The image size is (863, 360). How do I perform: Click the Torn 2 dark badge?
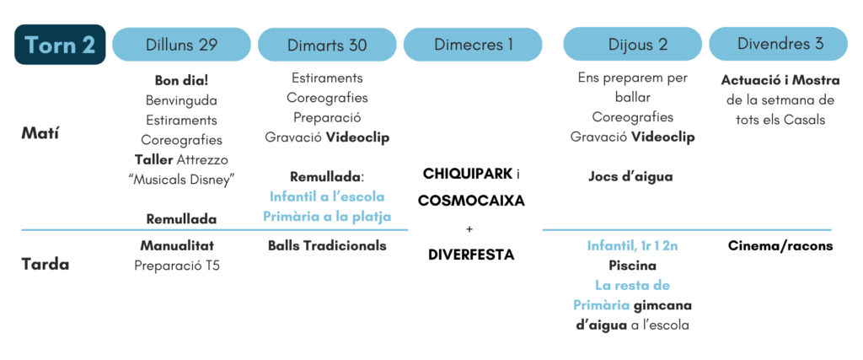tap(60, 45)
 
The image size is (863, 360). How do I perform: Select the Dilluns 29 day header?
tap(182, 45)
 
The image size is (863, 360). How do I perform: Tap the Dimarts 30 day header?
tap(327, 45)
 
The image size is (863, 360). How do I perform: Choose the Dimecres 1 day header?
tap(473, 45)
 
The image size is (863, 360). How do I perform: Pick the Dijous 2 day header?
tap(632, 45)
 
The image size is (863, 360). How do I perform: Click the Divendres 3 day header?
tap(778, 45)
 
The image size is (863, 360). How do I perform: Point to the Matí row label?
tap(40, 133)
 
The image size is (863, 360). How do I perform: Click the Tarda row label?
tap(46, 264)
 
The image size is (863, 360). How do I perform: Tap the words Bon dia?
tap(182, 80)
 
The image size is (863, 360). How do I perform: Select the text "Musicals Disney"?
tap(182, 180)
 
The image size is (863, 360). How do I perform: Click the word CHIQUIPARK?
tap(467, 174)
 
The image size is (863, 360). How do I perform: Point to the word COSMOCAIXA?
tap(471, 201)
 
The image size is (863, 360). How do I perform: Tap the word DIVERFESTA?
tap(471, 255)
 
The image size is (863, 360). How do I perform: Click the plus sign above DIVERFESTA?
tap(469, 228)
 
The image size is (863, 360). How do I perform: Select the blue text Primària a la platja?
tap(327, 217)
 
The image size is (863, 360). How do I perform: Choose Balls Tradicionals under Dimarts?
tap(327, 245)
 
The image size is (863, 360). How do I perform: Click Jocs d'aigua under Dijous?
tap(630, 177)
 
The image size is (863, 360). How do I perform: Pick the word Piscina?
tap(632, 266)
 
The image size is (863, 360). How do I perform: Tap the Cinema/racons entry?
tap(780, 245)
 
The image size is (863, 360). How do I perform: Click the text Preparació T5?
tap(177, 266)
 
